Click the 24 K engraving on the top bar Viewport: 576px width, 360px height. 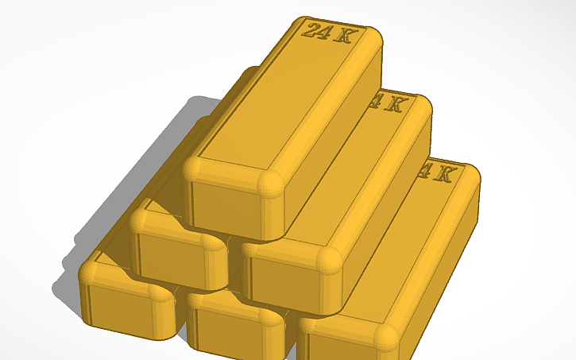click(328, 32)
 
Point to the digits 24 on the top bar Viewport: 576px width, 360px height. click(316, 31)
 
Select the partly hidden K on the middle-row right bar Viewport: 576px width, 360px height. click(395, 104)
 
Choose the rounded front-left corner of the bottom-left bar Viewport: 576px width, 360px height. click(90, 275)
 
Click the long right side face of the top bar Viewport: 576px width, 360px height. click(334, 135)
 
